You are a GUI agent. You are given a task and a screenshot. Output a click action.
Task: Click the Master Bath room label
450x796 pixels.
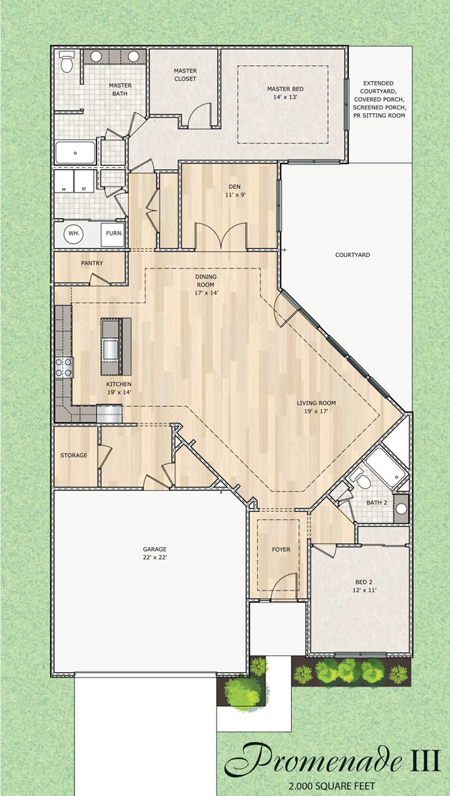click(120, 90)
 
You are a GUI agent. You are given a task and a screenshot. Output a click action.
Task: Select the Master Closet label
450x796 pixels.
click(184, 74)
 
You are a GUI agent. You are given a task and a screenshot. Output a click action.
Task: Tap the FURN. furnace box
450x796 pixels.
click(113, 233)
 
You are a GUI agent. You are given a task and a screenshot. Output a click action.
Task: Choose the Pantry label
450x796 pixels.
click(91, 263)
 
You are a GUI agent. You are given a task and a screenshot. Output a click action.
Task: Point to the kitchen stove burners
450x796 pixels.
click(63, 367)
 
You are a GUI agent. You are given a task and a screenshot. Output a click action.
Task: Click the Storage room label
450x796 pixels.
click(73, 455)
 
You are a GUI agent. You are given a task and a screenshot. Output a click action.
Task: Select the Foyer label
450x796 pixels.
click(280, 549)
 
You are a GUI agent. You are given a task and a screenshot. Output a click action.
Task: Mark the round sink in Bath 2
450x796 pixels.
click(400, 509)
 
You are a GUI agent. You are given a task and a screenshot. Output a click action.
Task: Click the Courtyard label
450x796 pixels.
click(352, 255)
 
